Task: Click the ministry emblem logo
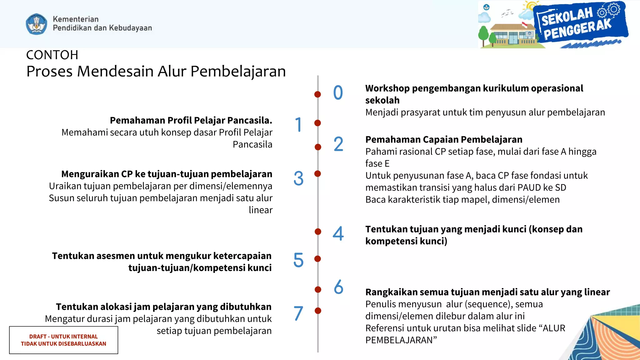click(x=37, y=24)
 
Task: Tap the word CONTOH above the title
click(x=52, y=55)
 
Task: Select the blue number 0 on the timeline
click(x=338, y=93)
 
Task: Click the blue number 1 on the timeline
click(x=298, y=124)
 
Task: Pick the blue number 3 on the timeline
click(x=298, y=178)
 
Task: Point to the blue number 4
click(x=338, y=233)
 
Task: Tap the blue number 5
click(x=298, y=260)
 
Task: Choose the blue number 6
click(x=338, y=287)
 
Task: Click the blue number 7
click(x=298, y=313)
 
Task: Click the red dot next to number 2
click(x=318, y=147)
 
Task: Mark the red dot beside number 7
click(x=318, y=311)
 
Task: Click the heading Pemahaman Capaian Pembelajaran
click(x=444, y=139)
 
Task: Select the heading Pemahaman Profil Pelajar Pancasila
click(x=191, y=120)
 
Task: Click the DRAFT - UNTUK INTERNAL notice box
click(x=63, y=340)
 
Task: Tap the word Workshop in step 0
click(x=387, y=88)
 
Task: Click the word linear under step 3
click(x=260, y=210)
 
